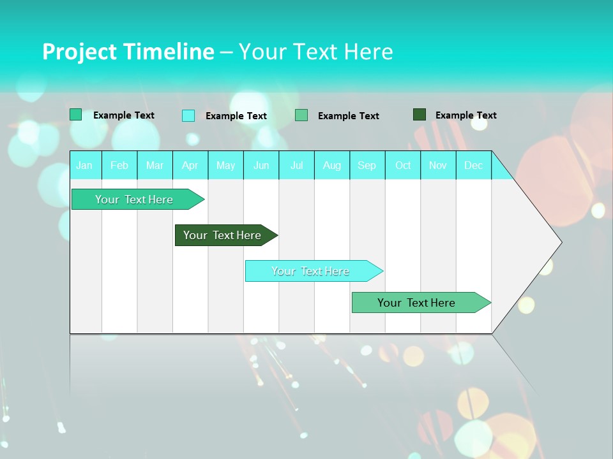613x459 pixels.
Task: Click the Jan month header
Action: [x=84, y=165]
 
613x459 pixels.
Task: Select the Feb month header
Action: [x=119, y=165]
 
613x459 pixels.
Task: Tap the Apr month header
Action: [x=190, y=165]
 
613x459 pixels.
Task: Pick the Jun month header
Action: [x=261, y=165]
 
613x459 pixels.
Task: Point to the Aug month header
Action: [x=332, y=165]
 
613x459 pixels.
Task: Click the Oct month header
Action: [x=403, y=165]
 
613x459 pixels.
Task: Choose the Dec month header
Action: [x=474, y=165]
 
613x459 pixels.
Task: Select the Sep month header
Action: [x=367, y=165]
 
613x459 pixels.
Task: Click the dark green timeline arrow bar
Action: [x=223, y=235]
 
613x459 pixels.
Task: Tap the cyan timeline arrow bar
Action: [x=311, y=271]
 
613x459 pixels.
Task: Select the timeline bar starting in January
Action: [x=135, y=200]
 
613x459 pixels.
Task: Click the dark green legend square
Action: [x=420, y=115]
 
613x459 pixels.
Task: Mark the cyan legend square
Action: [x=188, y=115]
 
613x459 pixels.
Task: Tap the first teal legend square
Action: [x=76, y=115]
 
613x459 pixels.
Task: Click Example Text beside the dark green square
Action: [x=465, y=115]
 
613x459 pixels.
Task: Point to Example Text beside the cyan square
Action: [x=236, y=116]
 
